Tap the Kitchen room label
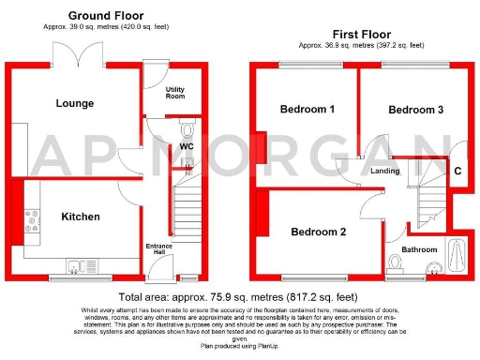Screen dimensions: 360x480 pos(81,217)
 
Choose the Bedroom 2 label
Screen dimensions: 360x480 pos(318,232)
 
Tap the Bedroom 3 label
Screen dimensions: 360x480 pos(416,110)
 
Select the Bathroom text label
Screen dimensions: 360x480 pos(420,249)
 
